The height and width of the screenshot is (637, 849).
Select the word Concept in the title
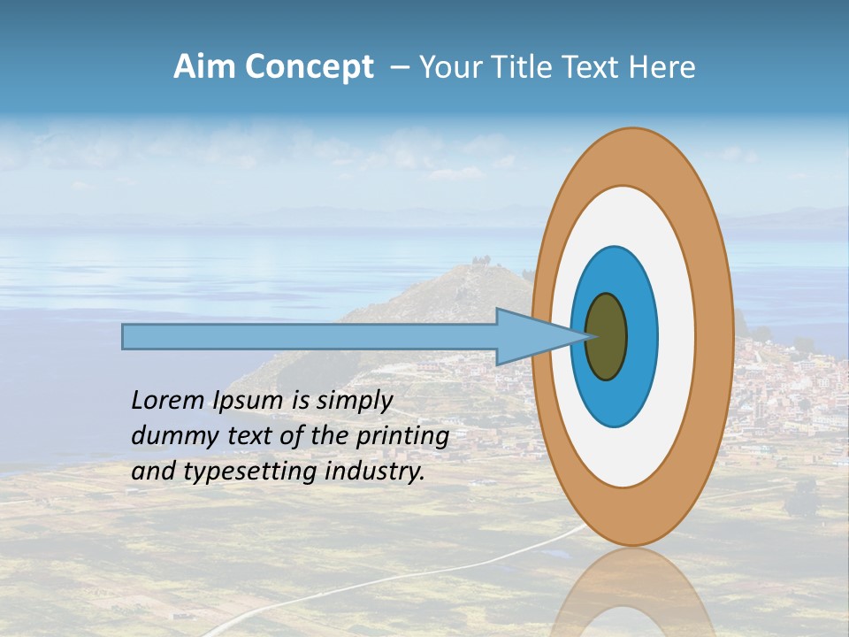coord(309,67)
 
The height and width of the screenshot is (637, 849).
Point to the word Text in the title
coord(593,67)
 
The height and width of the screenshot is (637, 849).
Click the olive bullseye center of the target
coord(606,336)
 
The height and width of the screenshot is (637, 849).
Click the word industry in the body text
coord(375,472)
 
